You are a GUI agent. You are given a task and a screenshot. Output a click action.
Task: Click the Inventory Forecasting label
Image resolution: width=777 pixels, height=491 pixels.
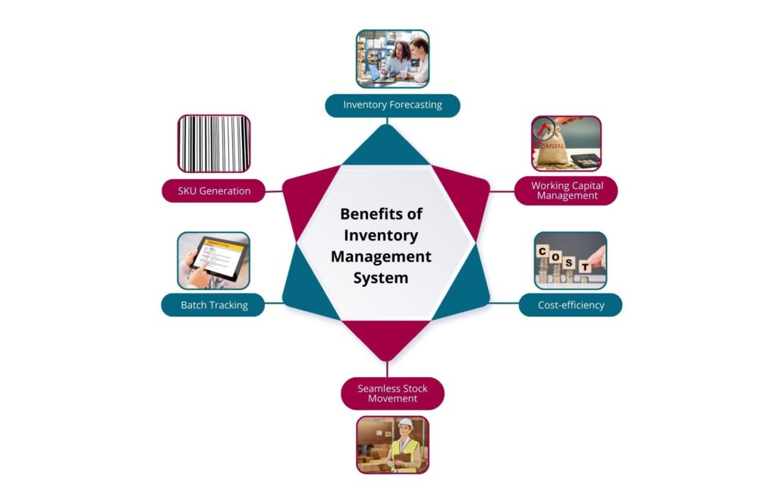[392, 105]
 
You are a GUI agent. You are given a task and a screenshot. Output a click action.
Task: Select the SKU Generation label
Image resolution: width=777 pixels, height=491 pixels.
[213, 190]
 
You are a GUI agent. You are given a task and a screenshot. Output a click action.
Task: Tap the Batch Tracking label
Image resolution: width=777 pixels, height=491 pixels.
[213, 305]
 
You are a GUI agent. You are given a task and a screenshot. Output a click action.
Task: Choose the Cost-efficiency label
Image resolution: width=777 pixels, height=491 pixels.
[570, 305]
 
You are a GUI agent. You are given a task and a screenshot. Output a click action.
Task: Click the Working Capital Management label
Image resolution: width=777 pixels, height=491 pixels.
[566, 190]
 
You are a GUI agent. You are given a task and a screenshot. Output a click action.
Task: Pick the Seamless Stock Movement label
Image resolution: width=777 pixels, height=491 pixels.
[392, 393]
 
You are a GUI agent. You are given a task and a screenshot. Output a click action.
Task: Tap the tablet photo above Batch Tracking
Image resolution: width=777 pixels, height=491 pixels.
[213, 260]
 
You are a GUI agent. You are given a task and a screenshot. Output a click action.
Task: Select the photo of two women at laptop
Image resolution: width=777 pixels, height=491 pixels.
[392, 59]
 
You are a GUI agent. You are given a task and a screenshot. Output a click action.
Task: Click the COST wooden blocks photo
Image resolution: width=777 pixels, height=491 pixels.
[570, 260]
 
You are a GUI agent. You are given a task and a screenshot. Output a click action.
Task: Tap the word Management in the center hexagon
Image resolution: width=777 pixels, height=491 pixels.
[381, 257]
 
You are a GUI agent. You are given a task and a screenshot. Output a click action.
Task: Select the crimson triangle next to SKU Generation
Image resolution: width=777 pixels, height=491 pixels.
[307, 197]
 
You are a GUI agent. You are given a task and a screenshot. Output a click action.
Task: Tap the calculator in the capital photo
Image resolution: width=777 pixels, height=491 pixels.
[584, 160]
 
